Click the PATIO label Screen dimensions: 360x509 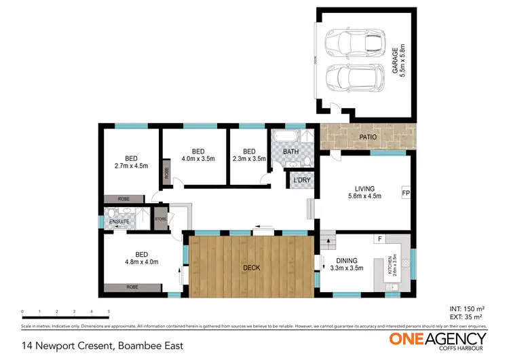pos(367,137)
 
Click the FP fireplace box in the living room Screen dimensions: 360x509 pos(405,193)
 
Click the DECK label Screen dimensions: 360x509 pos(251,268)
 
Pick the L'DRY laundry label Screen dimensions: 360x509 pos(301,180)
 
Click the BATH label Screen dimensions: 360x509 pos(291,151)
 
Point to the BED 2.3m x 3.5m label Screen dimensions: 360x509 pos(249,156)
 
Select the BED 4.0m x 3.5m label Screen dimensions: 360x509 pos(198,155)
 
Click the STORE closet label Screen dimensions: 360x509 pos(160,219)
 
